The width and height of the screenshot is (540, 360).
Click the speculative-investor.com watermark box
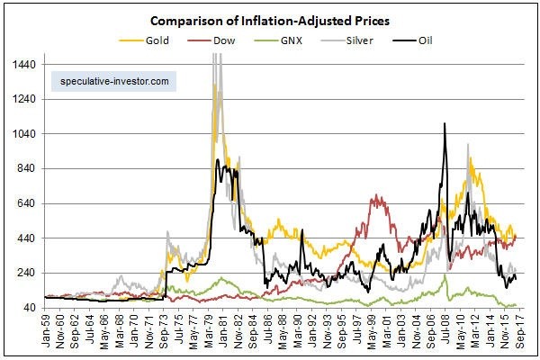(x=113, y=80)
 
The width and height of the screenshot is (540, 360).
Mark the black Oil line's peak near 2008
(x=445, y=123)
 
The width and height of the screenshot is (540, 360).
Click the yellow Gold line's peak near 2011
(x=471, y=159)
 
